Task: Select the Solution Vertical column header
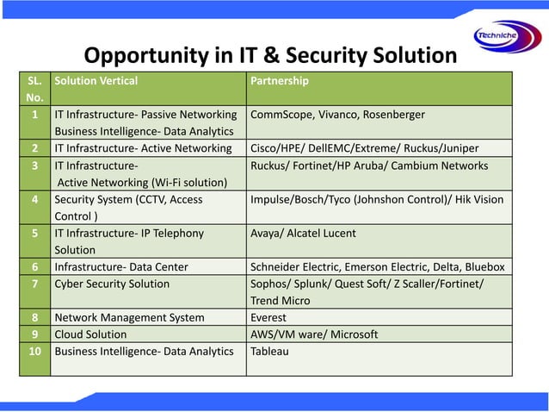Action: (96, 81)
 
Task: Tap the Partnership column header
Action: (280, 81)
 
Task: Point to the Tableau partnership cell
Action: (269, 351)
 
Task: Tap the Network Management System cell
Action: (129, 317)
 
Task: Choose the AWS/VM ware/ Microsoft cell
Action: (314, 334)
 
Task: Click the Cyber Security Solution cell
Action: (112, 284)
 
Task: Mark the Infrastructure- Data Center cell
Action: (120, 266)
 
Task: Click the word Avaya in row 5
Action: (268, 233)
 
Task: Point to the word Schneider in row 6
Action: (276, 266)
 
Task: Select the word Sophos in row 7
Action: (269, 284)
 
